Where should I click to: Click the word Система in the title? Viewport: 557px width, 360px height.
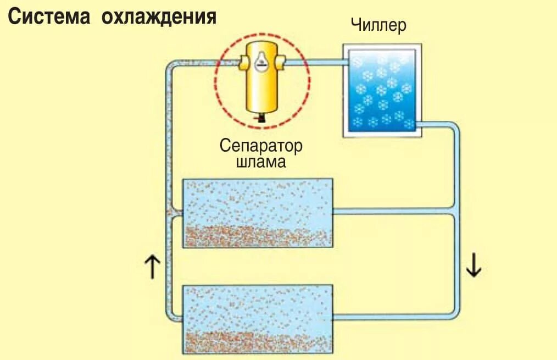pyautogui.click(x=48, y=16)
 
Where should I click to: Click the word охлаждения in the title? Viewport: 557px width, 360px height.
pyautogui.click(x=159, y=16)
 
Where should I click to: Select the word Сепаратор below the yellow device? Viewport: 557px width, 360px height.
pyautogui.click(x=261, y=146)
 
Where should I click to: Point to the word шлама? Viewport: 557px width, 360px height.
pyautogui.click(x=261, y=162)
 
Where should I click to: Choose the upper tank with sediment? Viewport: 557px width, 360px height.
pyautogui.click(x=258, y=212)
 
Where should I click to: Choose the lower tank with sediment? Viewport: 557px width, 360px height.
pyautogui.click(x=258, y=319)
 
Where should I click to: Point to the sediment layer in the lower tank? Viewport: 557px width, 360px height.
pyautogui.click(x=258, y=342)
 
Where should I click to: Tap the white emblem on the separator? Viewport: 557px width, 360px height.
pyautogui.click(x=262, y=61)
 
